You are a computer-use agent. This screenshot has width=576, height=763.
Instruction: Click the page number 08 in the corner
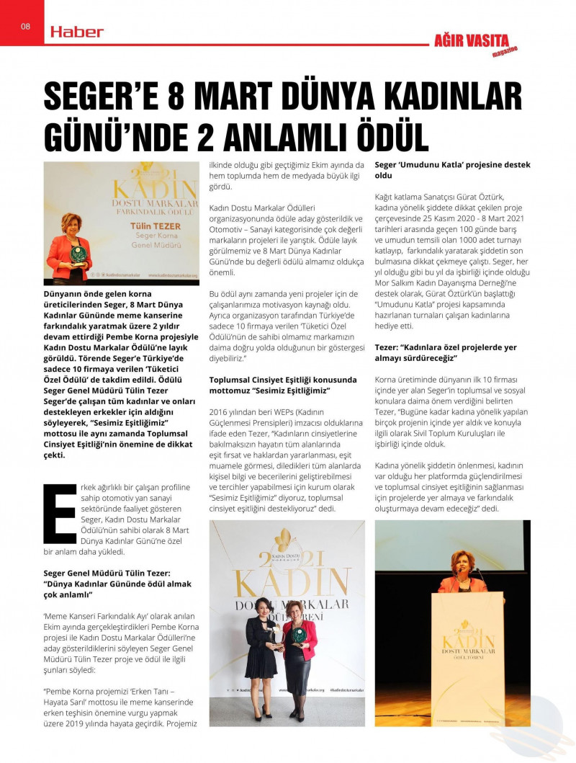coord(24,27)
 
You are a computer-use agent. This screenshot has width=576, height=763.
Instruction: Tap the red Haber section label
coord(77,32)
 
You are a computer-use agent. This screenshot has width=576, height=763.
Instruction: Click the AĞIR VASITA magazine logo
coord(482,43)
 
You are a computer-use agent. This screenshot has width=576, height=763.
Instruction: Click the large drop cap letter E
coord(60,513)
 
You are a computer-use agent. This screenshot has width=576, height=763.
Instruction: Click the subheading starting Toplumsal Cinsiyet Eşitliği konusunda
coord(282,385)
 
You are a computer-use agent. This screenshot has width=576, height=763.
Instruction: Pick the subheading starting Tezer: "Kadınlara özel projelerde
coord(446,352)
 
